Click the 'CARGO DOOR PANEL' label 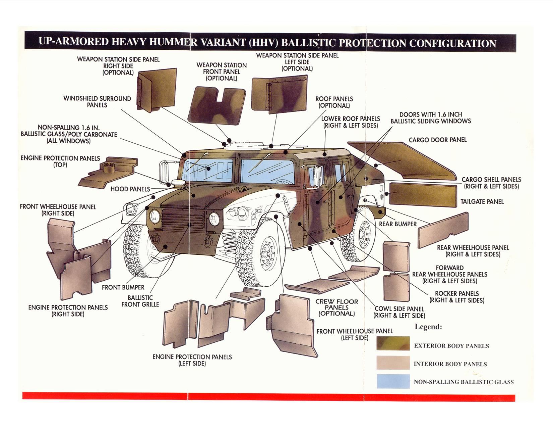(437, 140)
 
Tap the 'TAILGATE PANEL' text (482, 202)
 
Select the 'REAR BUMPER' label (397, 224)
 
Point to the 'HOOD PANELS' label (130, 189)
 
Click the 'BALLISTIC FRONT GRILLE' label (140, 301)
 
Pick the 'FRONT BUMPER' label (123, 287)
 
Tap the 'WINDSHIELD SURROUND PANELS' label (97, 102)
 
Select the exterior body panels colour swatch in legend (393, 343)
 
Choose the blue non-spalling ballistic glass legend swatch (393, 381)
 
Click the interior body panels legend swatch (393, 363)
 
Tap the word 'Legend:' (428, 327)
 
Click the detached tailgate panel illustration (423, 194)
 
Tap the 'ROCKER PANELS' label (456, 297)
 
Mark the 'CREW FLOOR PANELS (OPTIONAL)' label (336, 307)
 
